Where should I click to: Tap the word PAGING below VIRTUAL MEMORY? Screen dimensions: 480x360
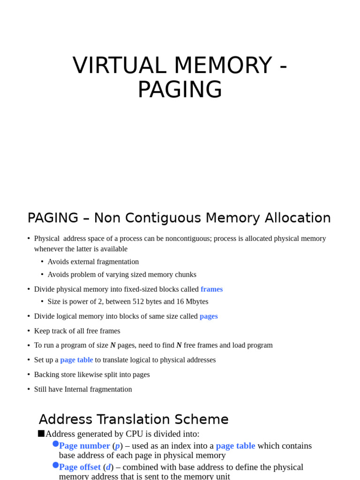[x=180, y=90]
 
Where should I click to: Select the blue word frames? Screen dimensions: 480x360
[x=211, y=289]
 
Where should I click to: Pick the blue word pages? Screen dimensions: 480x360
[x=209, y=316]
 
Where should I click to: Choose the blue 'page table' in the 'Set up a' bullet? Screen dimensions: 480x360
[x=76, y=360]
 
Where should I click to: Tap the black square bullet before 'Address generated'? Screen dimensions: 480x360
[x=41, y=434]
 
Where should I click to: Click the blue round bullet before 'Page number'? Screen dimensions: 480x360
[x=55, y=443]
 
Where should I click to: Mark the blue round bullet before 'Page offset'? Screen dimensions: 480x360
[x=55, y=465]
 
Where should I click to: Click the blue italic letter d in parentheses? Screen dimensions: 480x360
[x=108, y=467]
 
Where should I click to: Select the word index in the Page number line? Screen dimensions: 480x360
[x=184, y=446]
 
